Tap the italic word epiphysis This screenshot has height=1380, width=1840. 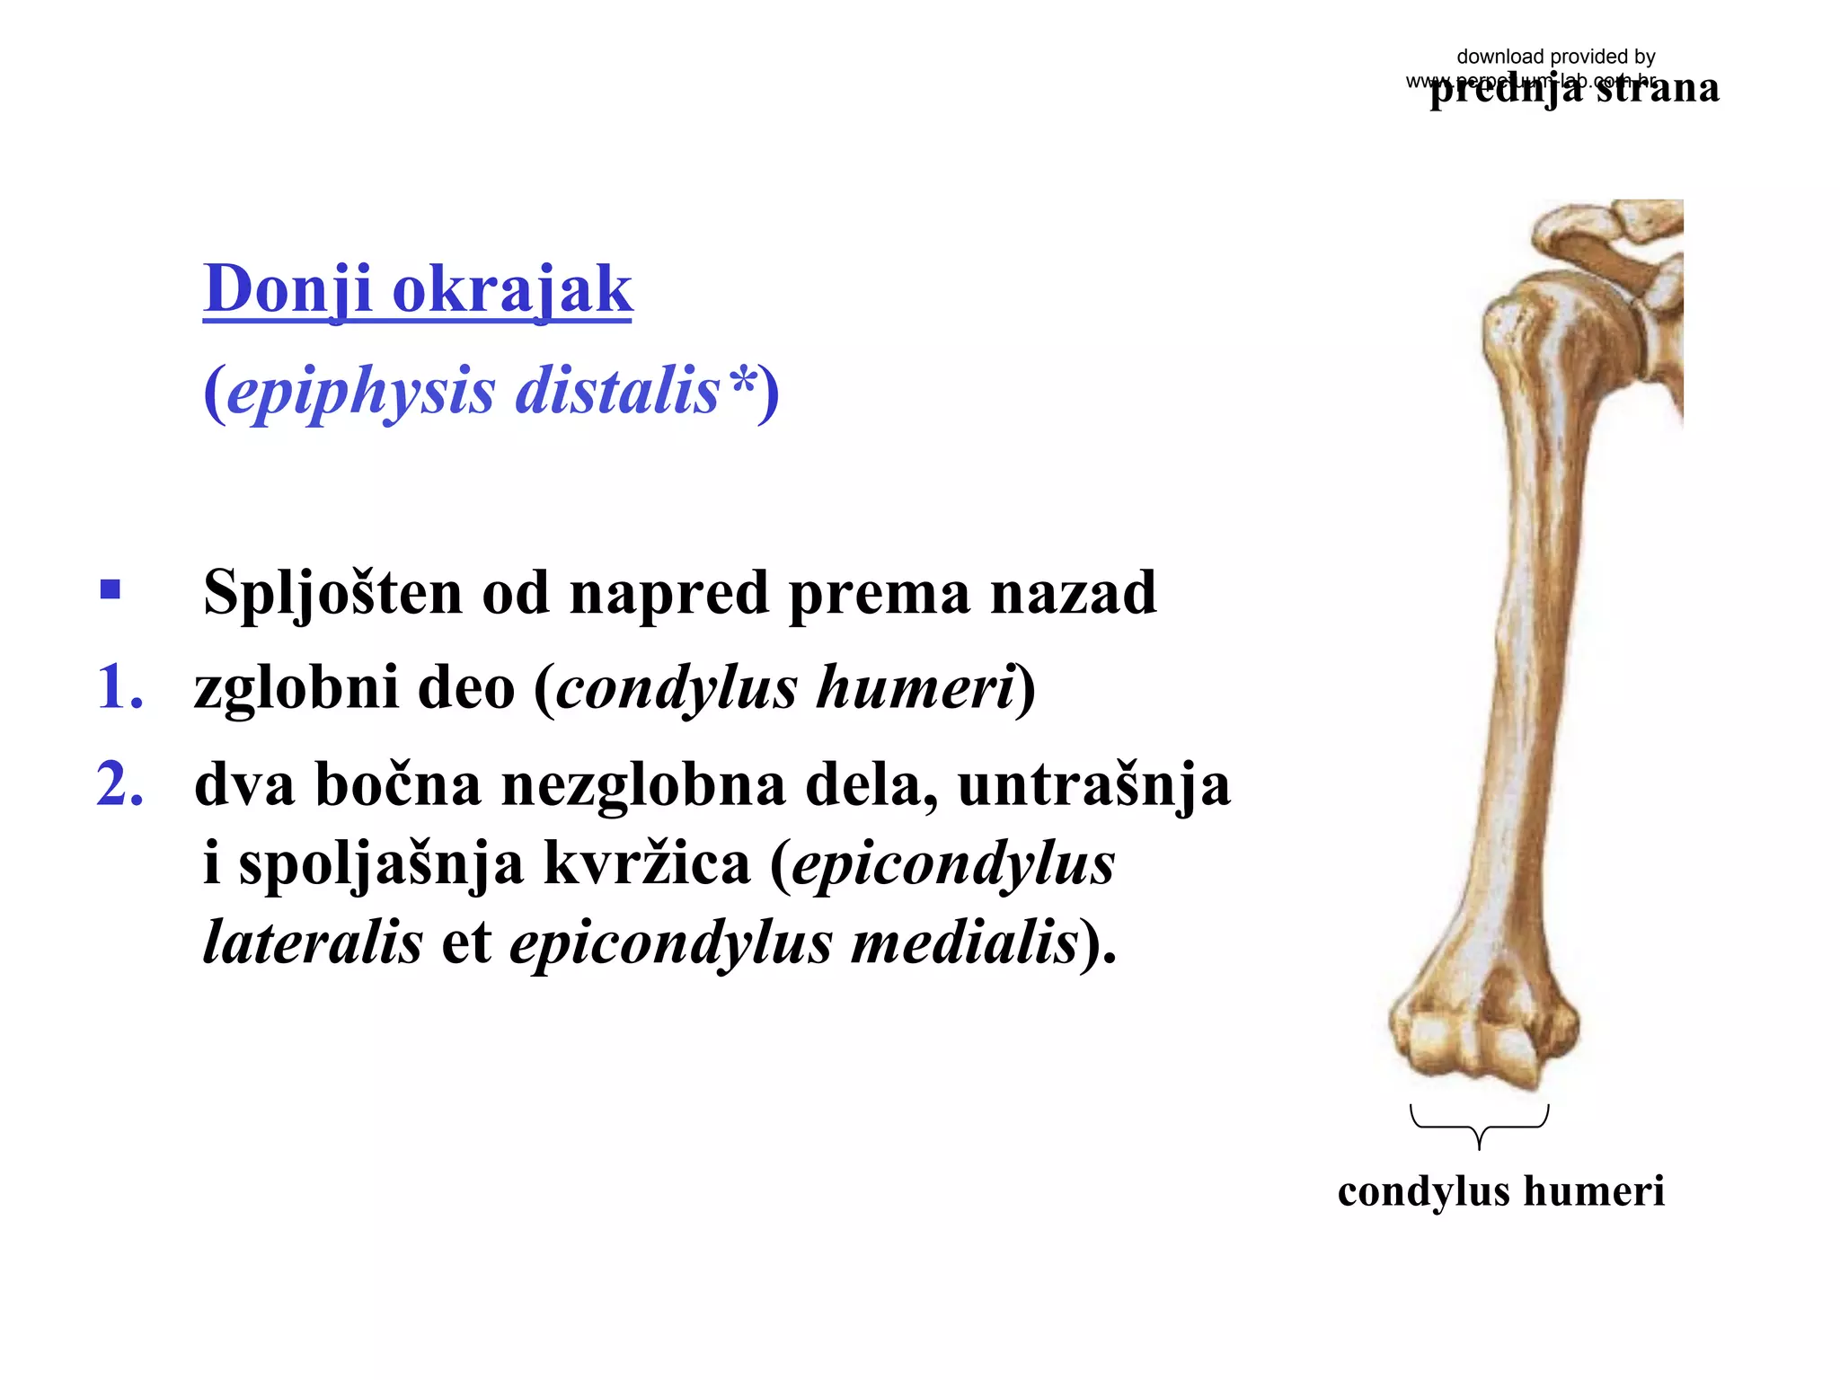tap(360, 391)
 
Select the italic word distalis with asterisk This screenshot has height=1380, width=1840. tap(636, 391)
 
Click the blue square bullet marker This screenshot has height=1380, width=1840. tap(111, 589)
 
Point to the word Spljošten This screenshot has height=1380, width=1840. tap(332, 593)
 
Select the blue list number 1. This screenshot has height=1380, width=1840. tap(119, 687)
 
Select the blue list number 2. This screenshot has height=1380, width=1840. tap(119, 783)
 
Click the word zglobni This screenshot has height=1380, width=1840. tap(296, 687)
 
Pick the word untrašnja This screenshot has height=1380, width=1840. tap(1093, 783)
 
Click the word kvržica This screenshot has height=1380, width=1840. tap(647, 862)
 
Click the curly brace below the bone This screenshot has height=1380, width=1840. tap(1479, 1126)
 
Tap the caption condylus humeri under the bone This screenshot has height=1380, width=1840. tap(1500, 1191)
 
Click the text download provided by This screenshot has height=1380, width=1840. tap(1555, 57)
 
